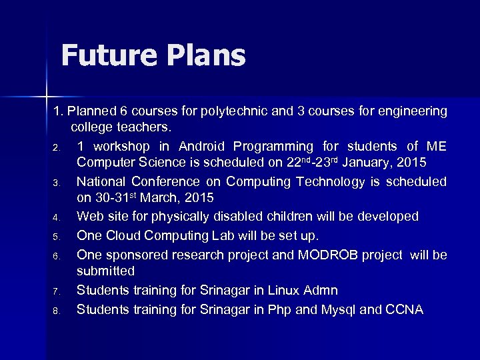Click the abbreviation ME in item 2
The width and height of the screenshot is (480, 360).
(x=436, y=146)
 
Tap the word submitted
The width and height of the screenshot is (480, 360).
(x=106, y=271)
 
